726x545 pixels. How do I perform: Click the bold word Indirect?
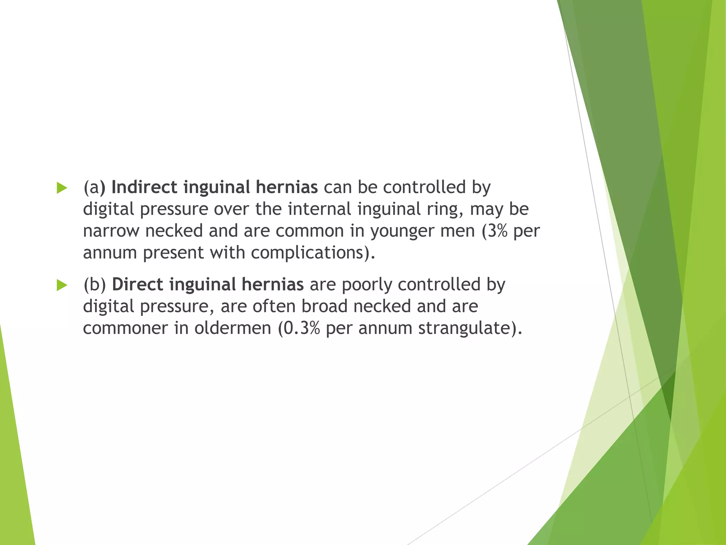pos(144,187)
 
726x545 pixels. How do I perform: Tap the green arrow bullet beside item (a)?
pos(62,188)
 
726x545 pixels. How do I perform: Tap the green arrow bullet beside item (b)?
pos(62,285)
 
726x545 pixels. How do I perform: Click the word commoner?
pos(125,328)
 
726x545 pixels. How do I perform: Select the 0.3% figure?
pos(302,328)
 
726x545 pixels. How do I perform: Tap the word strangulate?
pos(465,328)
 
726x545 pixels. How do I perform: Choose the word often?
pos(274,306)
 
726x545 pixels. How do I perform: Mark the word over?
pos(231,209)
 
